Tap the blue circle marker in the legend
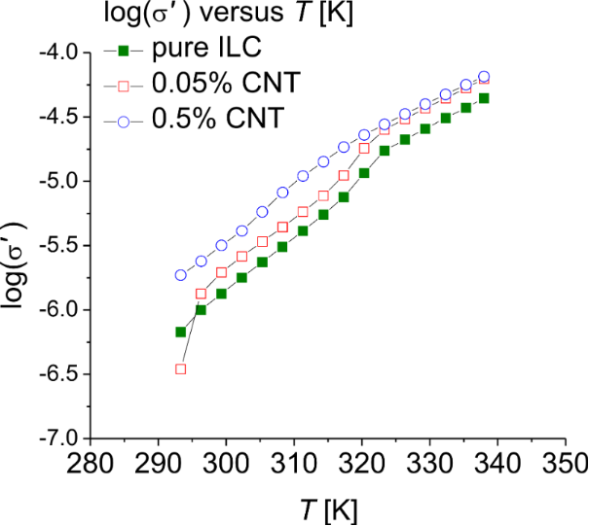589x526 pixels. tap(124, 121)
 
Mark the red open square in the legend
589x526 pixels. tap(124, 86)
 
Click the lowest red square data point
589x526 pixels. tap(180, 368)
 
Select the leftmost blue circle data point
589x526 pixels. tap(180, 275)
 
